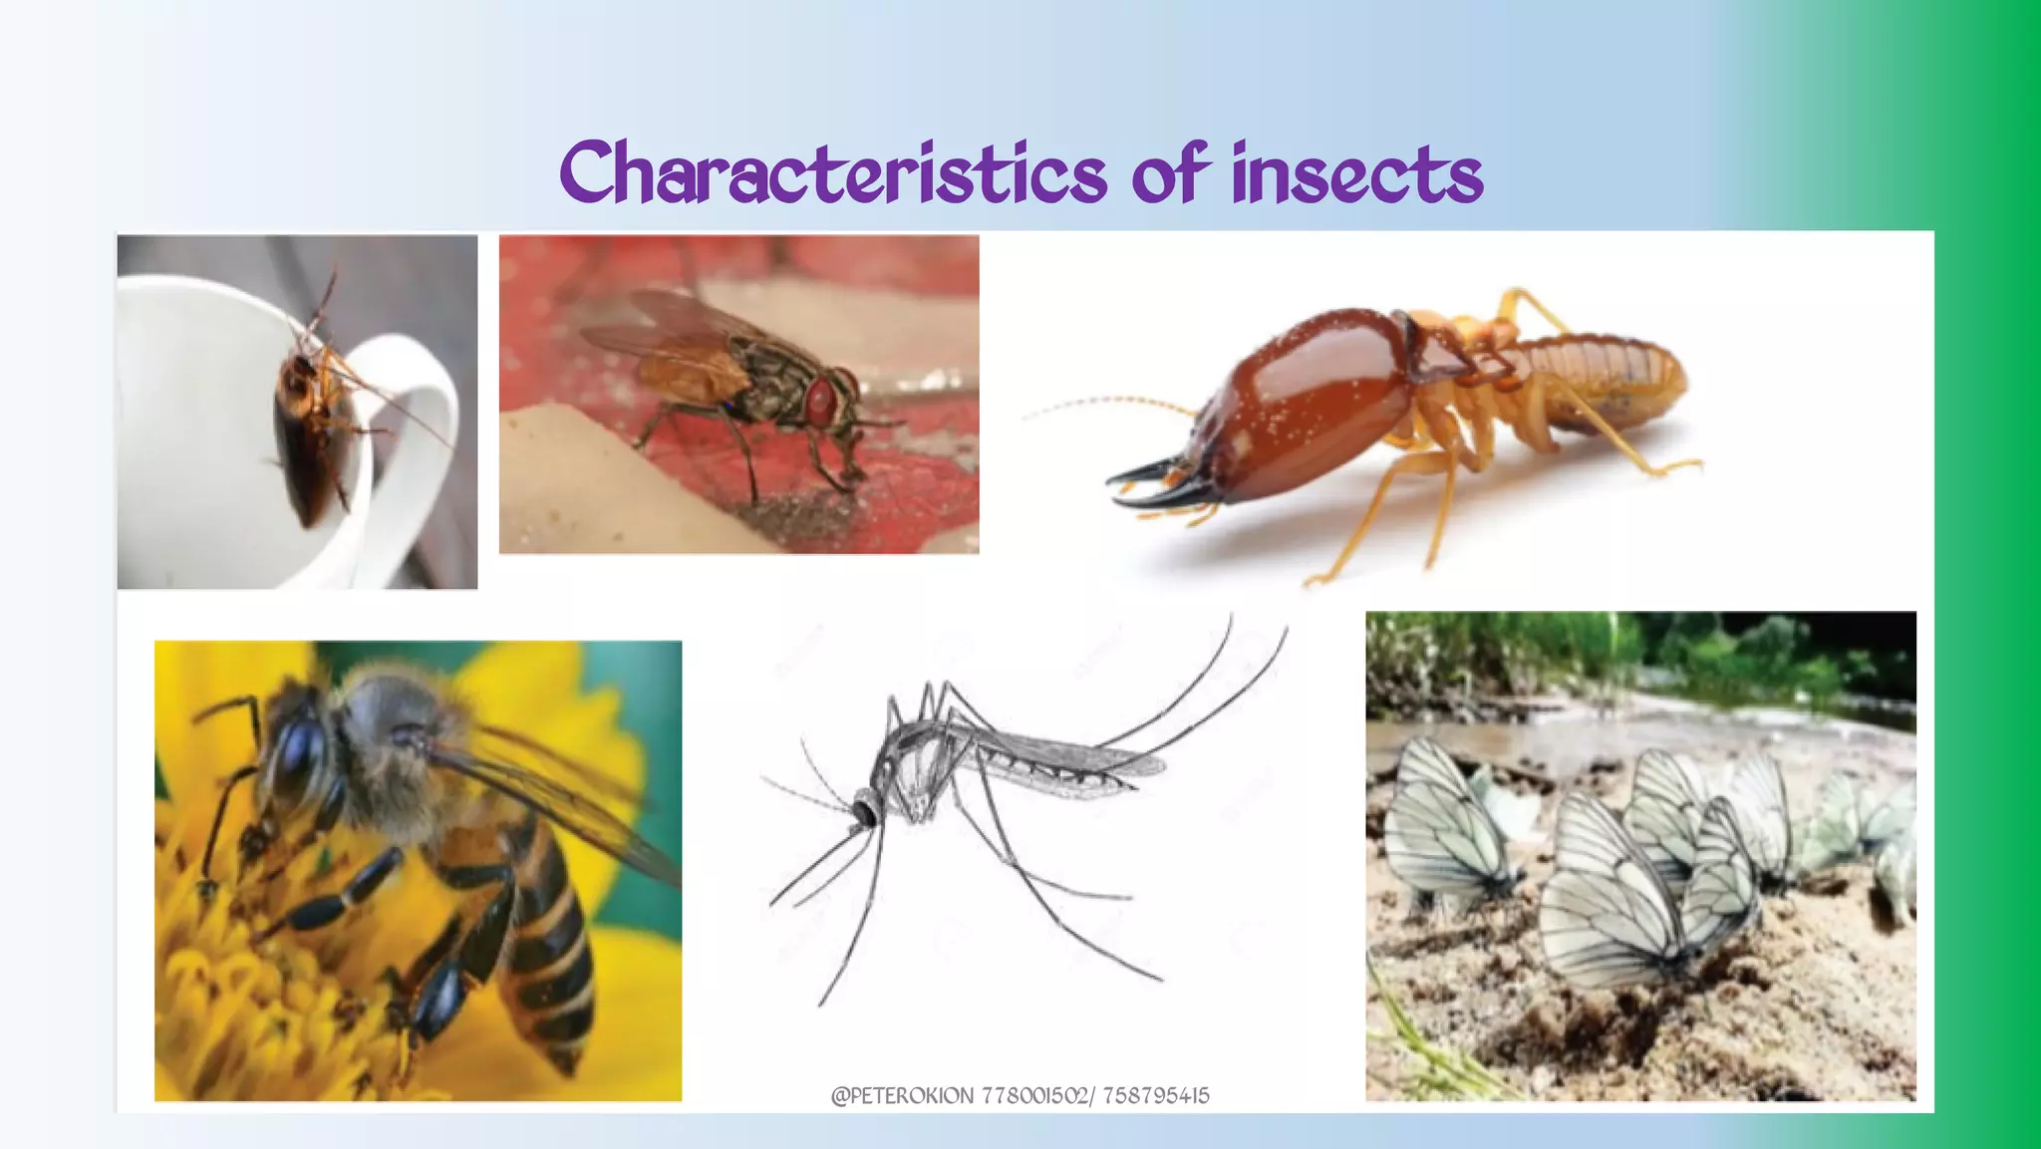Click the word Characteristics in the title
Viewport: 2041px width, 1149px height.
point(832,174)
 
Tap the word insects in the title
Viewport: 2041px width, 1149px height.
point(1357,174)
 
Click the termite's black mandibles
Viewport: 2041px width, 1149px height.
point(1156,483)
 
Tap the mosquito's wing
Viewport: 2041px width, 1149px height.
point(1056,762)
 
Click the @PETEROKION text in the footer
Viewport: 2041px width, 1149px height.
point(902,1096)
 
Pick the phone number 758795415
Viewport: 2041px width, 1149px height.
point(1156,1096)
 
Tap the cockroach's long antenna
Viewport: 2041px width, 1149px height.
point(399,409)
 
